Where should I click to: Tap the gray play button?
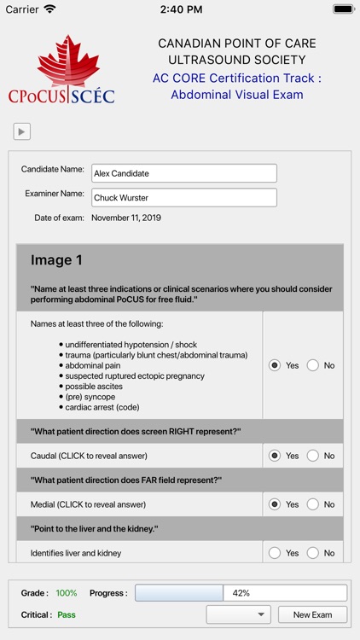(22, 131)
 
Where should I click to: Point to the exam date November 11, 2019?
(126, 218)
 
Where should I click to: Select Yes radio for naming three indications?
(275, 365)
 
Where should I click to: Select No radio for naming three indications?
(312, 365)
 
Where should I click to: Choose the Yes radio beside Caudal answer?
(275, 456)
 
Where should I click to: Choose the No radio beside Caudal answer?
(312, 456)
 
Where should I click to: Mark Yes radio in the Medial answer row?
(275, 504)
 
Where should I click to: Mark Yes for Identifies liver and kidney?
(275, 553)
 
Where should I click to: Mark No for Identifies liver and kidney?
(312, 553)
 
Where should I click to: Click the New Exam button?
(313, 614)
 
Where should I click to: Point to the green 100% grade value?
(67, 593)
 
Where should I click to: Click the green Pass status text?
(67, 614)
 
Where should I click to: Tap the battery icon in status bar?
(344, 9)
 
